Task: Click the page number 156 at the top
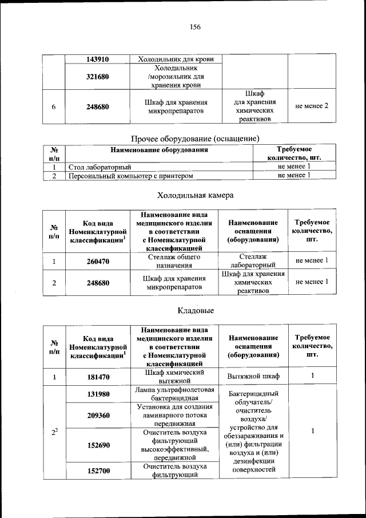click(194, 27)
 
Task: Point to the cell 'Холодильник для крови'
click(176, 59)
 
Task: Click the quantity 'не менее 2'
click(312, 106)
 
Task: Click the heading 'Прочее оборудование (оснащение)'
click(196, 139)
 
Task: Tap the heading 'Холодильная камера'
click(195, 195)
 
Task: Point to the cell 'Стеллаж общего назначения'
click(176, 262)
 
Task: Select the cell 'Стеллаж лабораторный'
click(253, 262)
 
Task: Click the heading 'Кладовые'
click(196, 311)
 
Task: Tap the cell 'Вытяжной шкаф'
click(253, 377)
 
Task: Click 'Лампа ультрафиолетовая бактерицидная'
click(176, 394)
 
